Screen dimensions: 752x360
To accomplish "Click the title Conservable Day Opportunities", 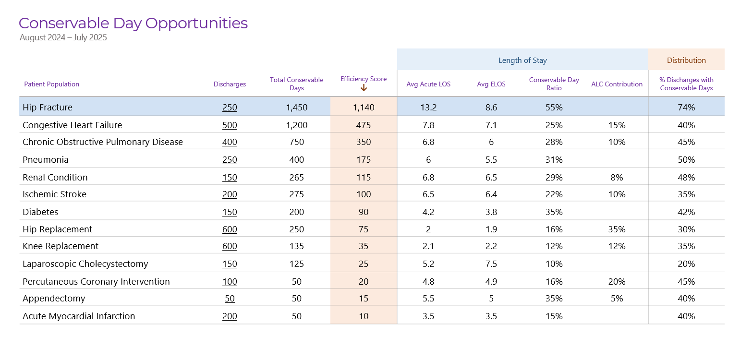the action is pyautogui.click(x=133, y=24).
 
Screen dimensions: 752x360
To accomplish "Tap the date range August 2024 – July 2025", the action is pyautogui.click(x=63, y=37).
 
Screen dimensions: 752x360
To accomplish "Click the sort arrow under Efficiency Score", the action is pyautogui.click(x=364, y=88).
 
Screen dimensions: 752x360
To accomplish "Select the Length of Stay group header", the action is pyautogui.click(x=522, y=60).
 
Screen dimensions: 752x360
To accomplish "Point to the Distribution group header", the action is pyautogui.click(x=686, y=60).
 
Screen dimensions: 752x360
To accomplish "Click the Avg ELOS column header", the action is pyautogui.click(x=491, y=84).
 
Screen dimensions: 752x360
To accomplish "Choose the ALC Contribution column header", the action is pyautogui.click(x=617, y=84).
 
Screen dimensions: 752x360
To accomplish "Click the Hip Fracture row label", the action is pyautogui.click(x=48, y=108).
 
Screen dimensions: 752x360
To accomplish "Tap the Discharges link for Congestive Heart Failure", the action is pyautogui.click(x=230, y=125).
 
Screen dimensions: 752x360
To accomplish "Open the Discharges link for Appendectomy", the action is pyautogui.click(x=230, y=298).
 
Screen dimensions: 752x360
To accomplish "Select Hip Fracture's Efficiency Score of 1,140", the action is pyautogui.click(x=364, y=108).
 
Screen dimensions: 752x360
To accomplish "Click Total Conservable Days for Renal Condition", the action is pyautogui.click(x=296, y=177).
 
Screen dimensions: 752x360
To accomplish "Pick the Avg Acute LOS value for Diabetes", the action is pyautogui.click(x=428, y=212).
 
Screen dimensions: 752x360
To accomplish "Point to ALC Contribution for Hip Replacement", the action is pyautogui.click(x=617, y=229).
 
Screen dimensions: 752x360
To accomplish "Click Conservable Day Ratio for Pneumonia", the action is pyautogui.click(x=554, y=160).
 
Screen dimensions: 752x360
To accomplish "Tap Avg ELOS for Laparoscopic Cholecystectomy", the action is pyautogui.click(x=491, y=264).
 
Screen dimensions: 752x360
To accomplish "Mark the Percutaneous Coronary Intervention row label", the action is pyautogui.click(x=96, y=281).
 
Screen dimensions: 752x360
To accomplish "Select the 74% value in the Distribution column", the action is pyautogui.click(x=686, y=108).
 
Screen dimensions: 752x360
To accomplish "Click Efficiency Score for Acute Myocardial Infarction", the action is pyautogui.click(x=364, y=316).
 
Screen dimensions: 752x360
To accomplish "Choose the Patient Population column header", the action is pyautogui.click(x=52, y=84).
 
